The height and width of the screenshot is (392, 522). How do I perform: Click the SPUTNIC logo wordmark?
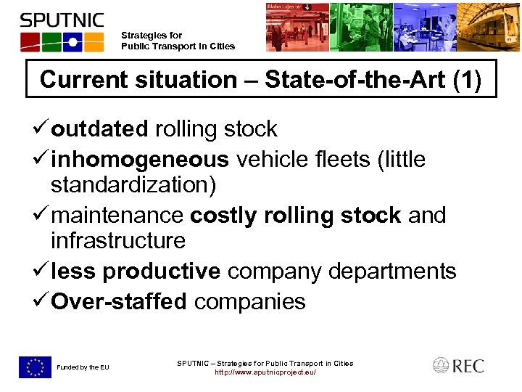[x=62, y=20]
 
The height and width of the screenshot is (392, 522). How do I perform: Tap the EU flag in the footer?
[x=36, y=367]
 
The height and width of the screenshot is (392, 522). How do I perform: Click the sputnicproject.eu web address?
[x=265, y=372]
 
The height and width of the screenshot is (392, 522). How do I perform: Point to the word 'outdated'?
[x=99, y=129]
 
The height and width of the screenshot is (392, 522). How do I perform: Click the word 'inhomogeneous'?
[x=140, y=158]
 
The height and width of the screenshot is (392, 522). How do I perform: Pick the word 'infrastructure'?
[x=117, y=240]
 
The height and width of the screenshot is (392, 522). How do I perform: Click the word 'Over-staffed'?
[x=119, y=301]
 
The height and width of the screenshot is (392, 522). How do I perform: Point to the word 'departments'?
[x=391, y=271]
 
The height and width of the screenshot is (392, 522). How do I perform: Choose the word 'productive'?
[x=161, y=271]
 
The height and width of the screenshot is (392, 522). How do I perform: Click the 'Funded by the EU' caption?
[x=83, y=367]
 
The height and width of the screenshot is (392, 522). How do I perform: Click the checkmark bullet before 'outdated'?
[x=41, y=129]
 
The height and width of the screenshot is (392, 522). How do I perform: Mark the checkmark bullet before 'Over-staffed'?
[x=41, y=301]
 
